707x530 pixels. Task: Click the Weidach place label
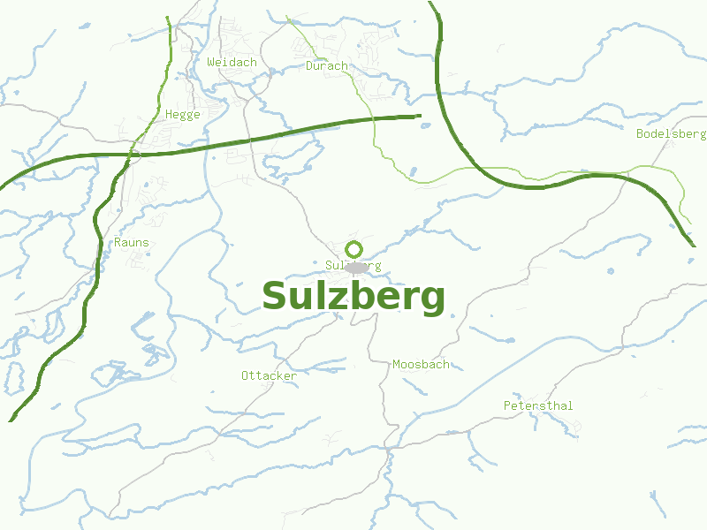point(232,63)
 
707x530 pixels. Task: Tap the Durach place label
point(327,66)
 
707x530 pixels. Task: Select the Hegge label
point(183,115)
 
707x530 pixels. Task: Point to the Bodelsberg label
point(671,134)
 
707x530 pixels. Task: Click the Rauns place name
point(132,243)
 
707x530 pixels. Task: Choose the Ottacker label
point(269,376)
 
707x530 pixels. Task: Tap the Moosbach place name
point(421,364)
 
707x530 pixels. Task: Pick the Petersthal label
point(538,406)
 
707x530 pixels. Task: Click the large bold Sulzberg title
point(353,297)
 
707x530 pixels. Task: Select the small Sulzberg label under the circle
point(353,266)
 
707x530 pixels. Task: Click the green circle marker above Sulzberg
point(353,249)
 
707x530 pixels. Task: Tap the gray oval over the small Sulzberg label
point(356,267)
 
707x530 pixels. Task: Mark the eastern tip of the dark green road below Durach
point(420,116)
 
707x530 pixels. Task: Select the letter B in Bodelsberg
point(640,134)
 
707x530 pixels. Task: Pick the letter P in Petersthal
point(507,406)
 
